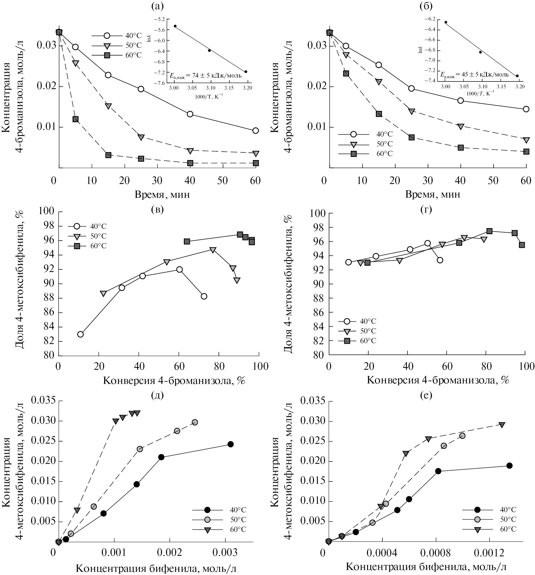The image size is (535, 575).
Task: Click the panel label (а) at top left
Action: coord(158,6)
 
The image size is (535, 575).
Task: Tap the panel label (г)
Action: coord(426,209)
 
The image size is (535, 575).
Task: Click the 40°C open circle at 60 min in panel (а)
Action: coord(255,130)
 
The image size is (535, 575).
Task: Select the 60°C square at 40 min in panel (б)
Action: coord(461,147)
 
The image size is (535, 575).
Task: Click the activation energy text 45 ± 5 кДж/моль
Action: coord(475,75)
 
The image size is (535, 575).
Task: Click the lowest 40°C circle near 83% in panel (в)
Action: coord(80,334)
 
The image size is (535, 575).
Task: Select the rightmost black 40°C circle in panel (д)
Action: coord(230,444)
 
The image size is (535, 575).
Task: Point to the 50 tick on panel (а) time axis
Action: coord(222,181)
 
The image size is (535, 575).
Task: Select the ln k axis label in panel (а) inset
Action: coord(149,38)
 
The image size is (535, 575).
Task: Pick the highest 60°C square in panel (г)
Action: coord(489,231)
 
